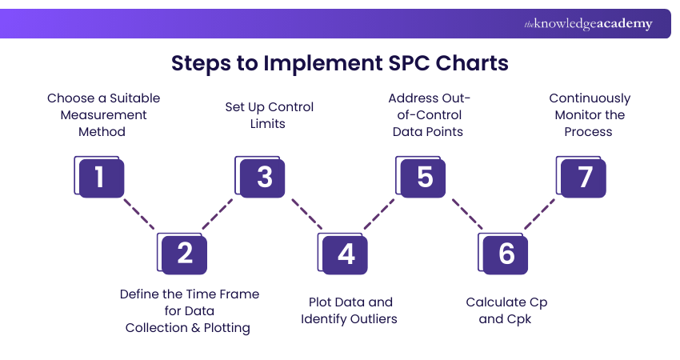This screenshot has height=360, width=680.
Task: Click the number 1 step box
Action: point(100,177)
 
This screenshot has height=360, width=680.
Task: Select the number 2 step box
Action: point(184,254)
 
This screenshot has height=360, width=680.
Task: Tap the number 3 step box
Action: point(263,177)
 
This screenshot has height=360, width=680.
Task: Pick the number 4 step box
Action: point(346,254)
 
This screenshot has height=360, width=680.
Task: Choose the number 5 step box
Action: point(424,177)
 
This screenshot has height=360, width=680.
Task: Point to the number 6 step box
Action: point(506,254)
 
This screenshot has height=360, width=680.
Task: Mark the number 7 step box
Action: point(584,177)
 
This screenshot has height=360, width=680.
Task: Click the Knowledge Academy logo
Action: point(588,24)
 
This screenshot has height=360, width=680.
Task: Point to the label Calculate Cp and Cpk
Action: point(506,310)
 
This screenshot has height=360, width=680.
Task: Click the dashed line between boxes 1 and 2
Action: point(140,214)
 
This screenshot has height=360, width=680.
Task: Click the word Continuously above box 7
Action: point(590,98)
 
